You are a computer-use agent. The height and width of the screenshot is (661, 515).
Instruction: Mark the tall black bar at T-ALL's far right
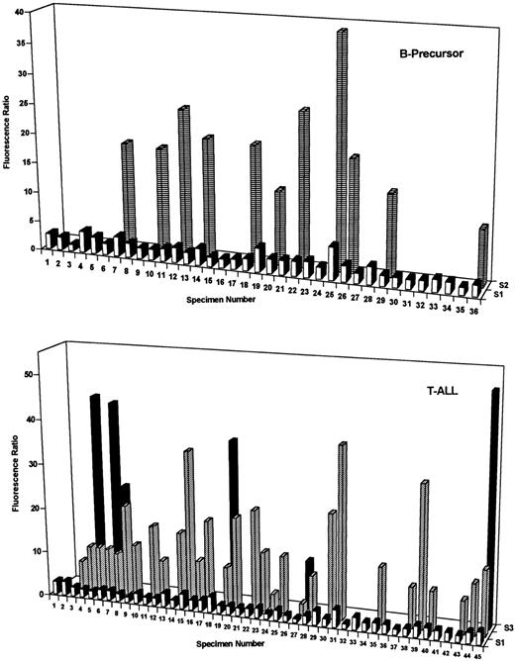[494, 495]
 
